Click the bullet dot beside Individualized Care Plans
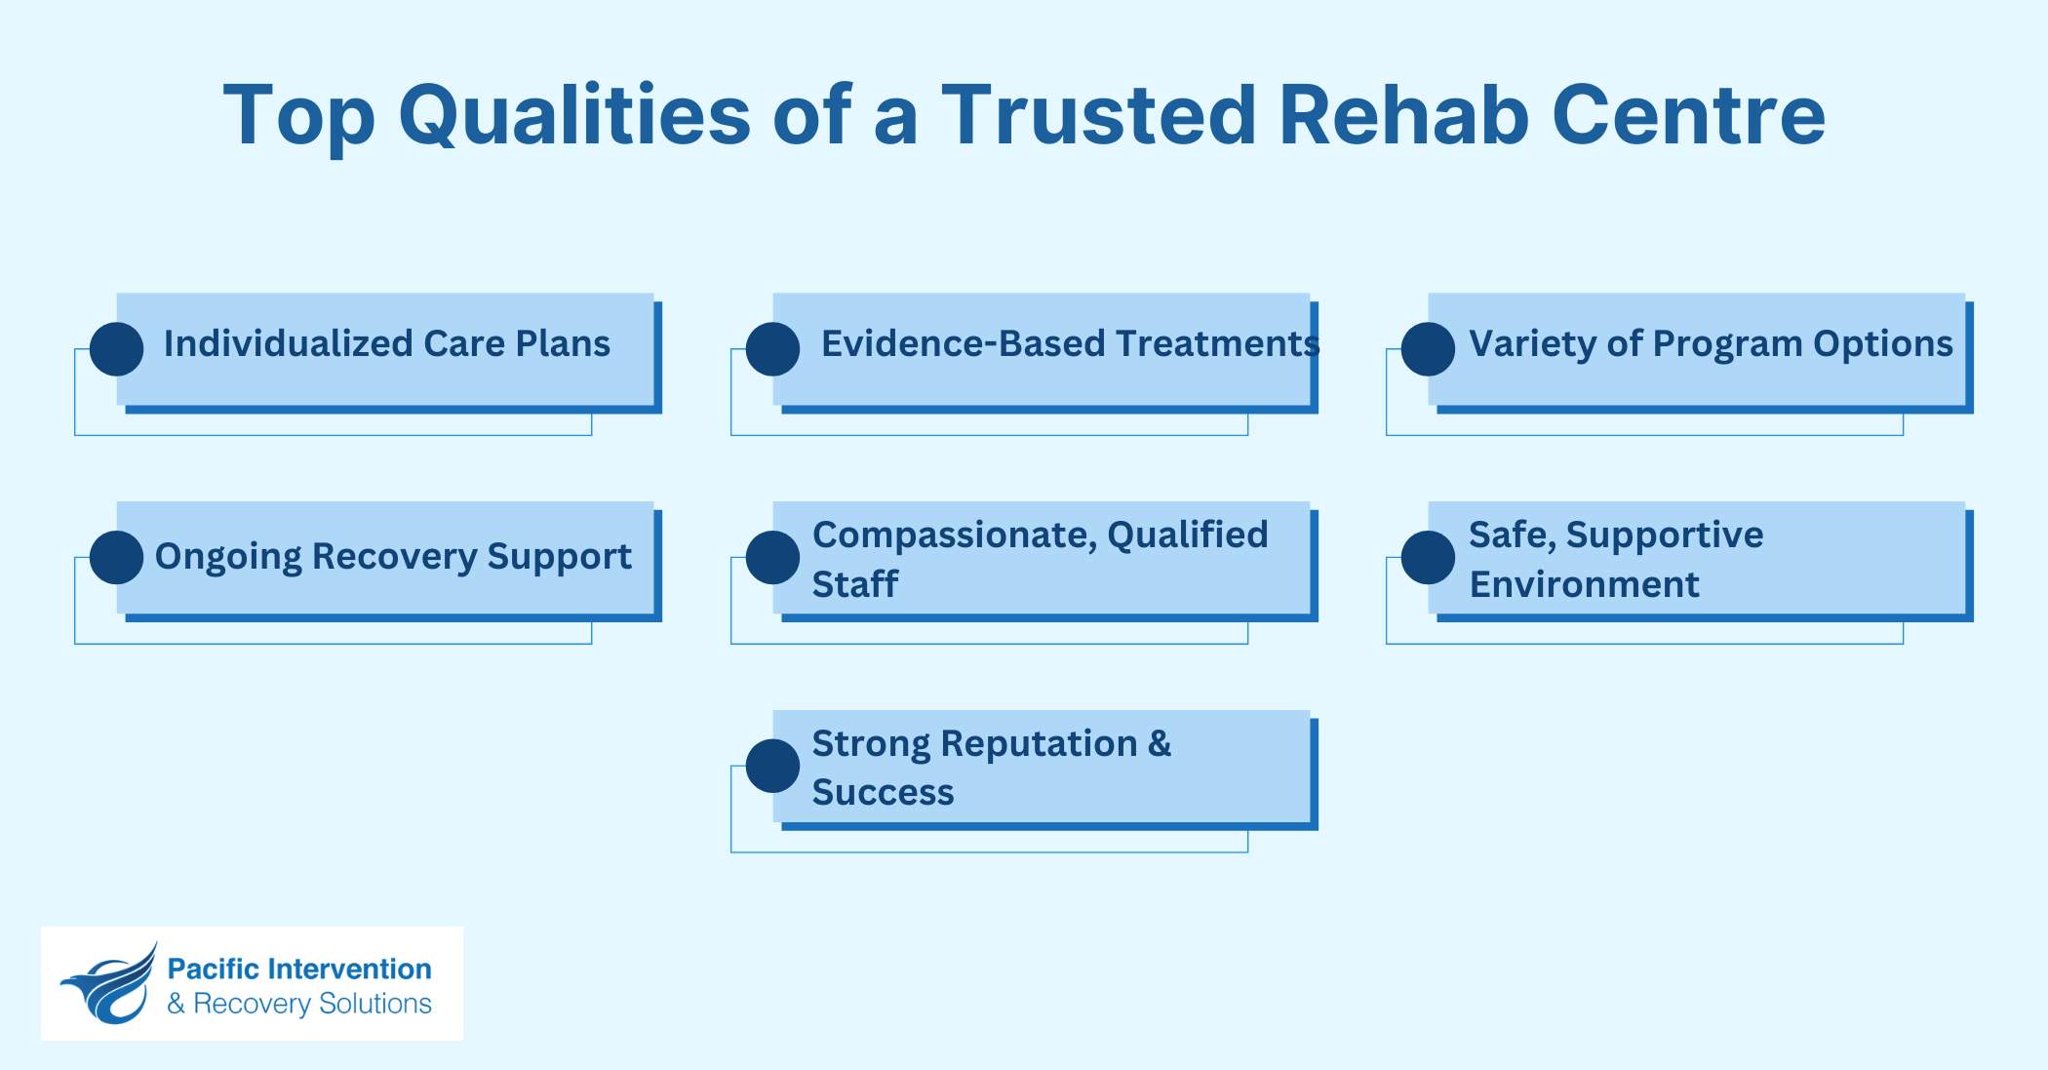click(x=117, y=349)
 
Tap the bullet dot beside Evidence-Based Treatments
click(x=772, y=349)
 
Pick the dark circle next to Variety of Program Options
click(x=1428, y=349)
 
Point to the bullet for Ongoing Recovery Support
click(x=117, y=558)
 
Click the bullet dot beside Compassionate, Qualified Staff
click(x=772, y=558)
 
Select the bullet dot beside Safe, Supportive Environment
click(x=1428, y=558)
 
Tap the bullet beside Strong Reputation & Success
click(x=772, y=766)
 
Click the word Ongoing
click(x=228, y=557)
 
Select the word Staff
click(x=854, y=584)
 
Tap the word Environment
click(x=1584, y=584)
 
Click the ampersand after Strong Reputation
click(x=1160, y=743)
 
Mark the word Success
click(x=883, y=792)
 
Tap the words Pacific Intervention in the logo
click(x=299, y=969)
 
